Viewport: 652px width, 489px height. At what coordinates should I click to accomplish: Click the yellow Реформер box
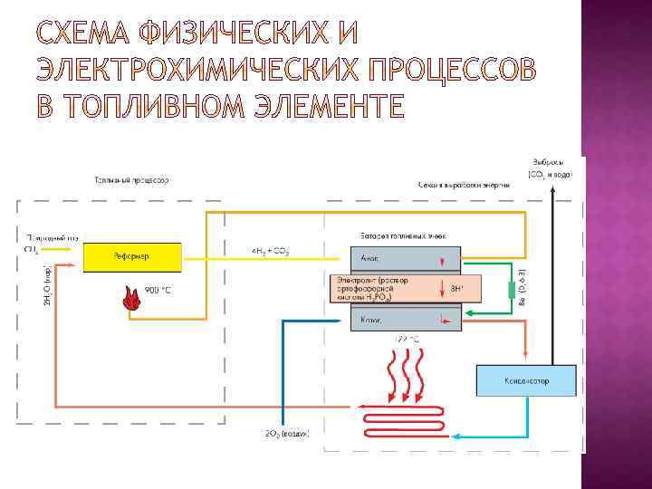click(x=131, y=256)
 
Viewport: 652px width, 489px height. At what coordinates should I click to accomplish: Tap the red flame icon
click(x=131, y=299)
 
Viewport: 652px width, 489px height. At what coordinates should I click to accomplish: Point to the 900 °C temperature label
click(x=159, y=290)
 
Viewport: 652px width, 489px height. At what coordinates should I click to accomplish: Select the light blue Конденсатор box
click(x=527, y=379)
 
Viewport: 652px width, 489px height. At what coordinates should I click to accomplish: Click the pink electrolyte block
click(x=403, y=289)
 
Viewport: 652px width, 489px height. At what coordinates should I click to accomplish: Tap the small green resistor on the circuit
click(x=512, y=290)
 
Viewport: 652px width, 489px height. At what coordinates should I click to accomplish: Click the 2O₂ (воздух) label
click(x=287, y=435)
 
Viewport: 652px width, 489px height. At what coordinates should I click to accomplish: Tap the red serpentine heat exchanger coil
click(x=403, y=418)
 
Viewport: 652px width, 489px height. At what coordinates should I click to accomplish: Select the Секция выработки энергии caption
click(x=464, y=185)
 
